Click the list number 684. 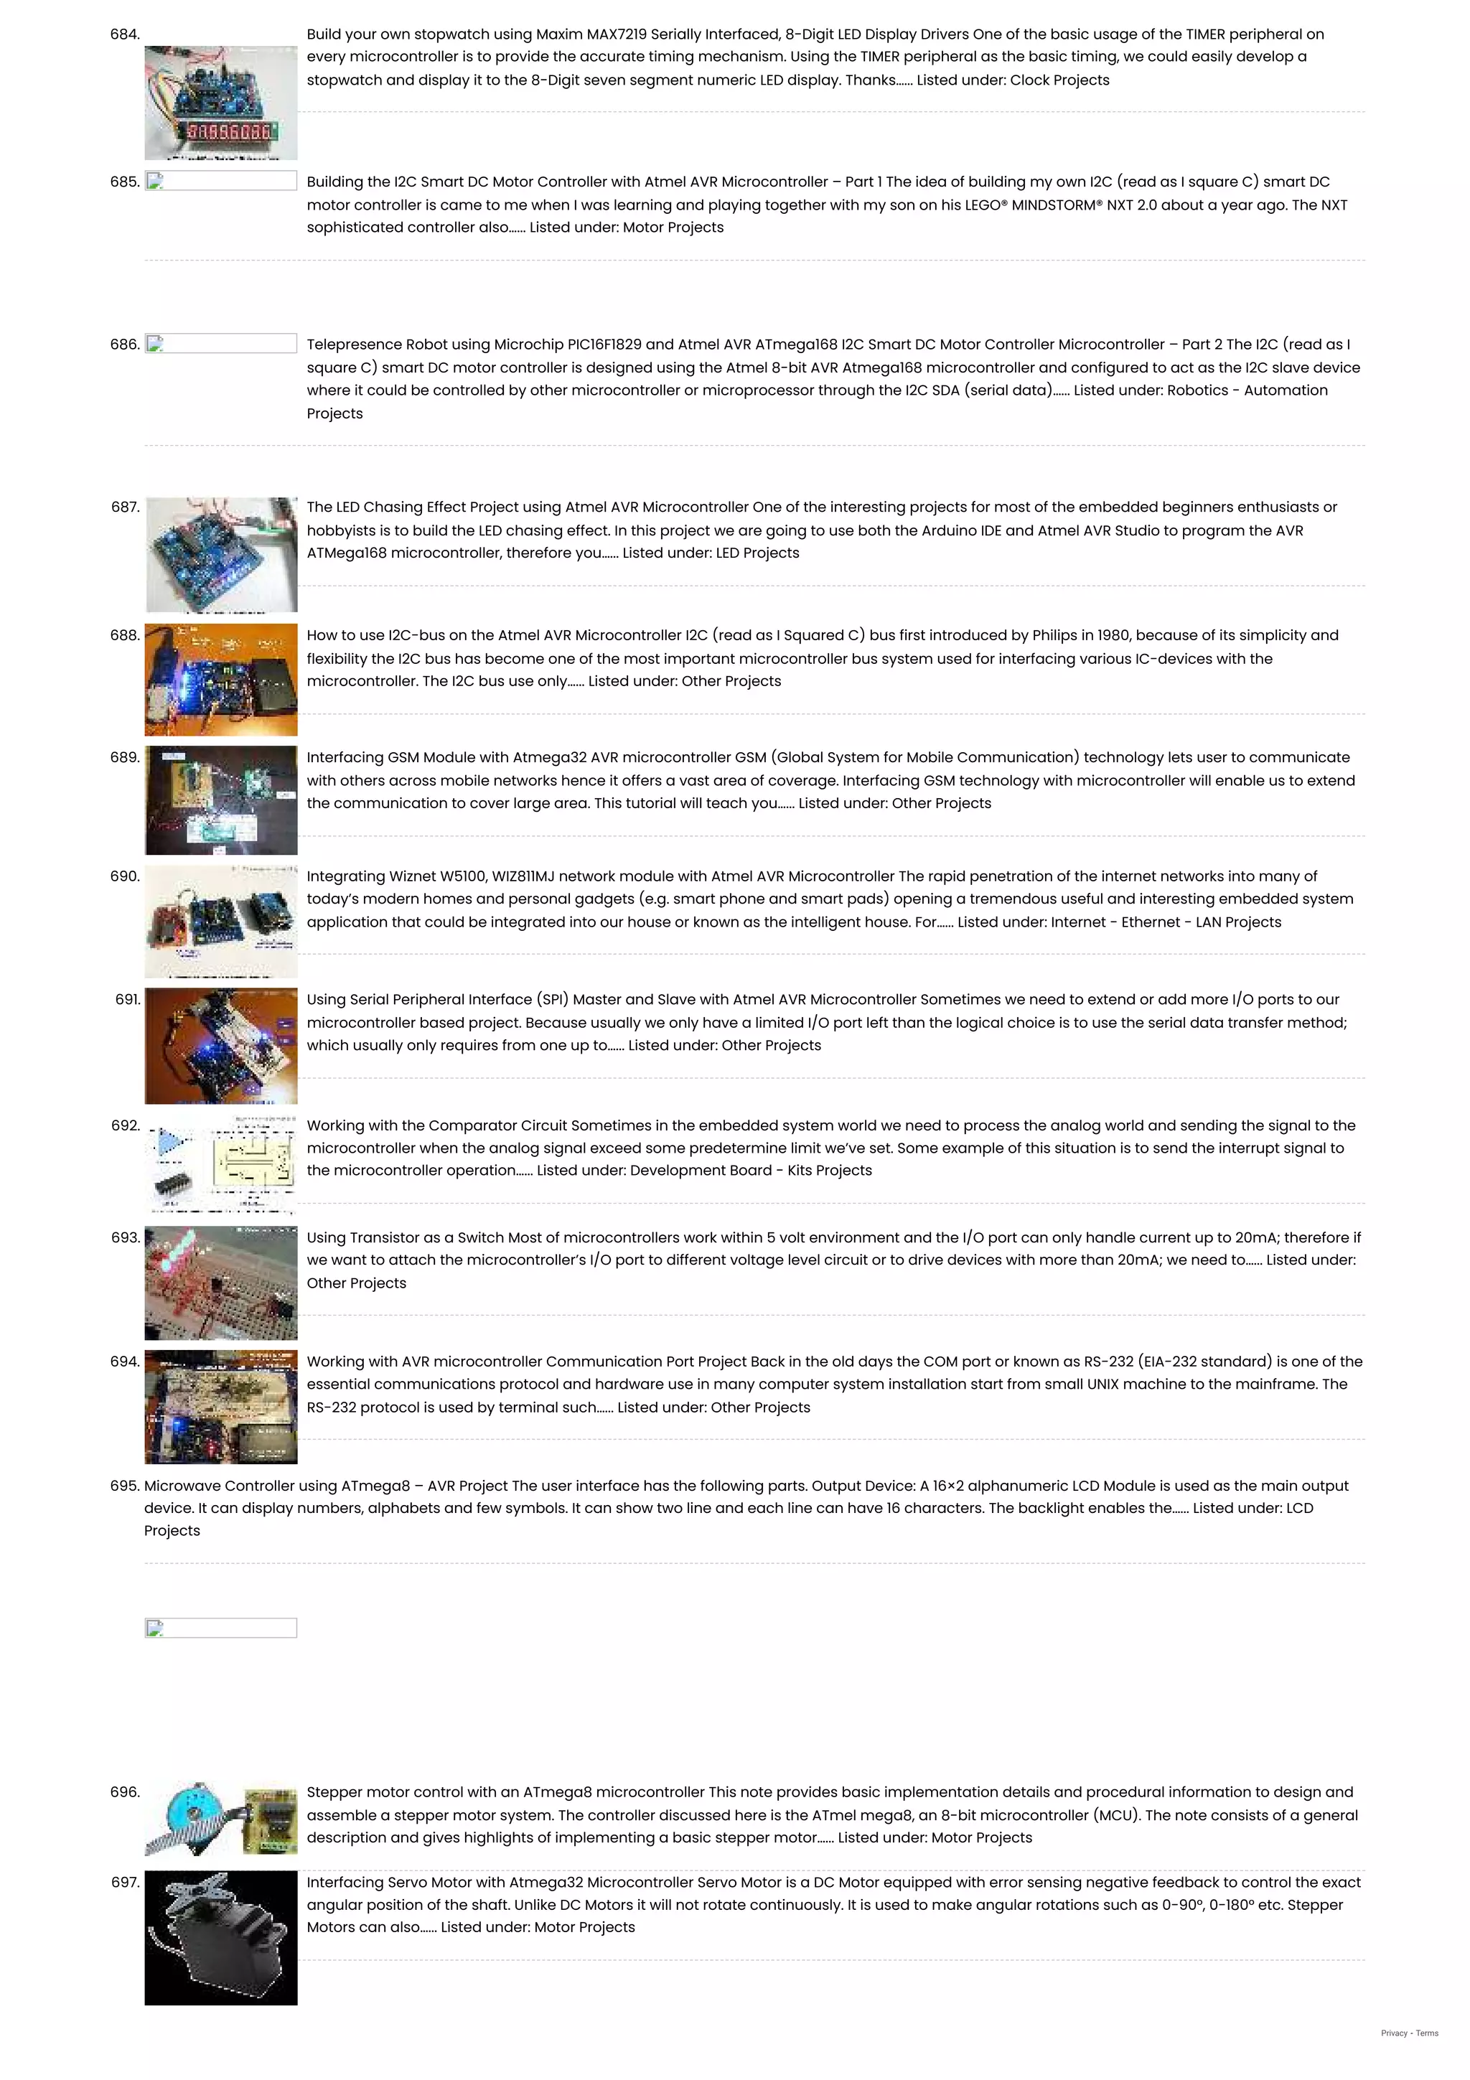coord(125,34)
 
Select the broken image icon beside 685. coord(155,181)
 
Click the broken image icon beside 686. coord(155,345)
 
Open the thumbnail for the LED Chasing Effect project coord(221,554)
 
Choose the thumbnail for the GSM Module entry coord(221,800)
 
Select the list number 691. coord(128,999)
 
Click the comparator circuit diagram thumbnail coord(221,1165)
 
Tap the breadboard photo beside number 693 coord(221,1283)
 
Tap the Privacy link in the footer coord(1394,2033)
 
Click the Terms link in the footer coord(1428,2033)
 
